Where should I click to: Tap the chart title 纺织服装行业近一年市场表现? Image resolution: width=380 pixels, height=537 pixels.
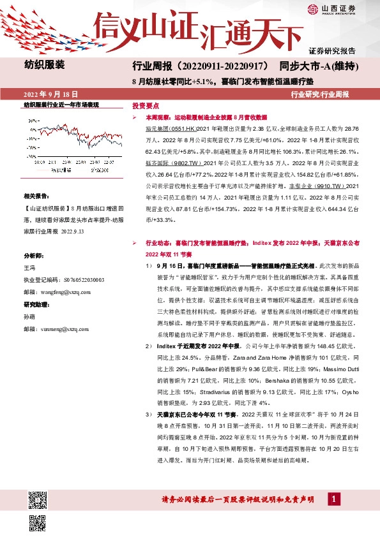point(61,104)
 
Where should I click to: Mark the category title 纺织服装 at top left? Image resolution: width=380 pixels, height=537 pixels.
point(44,64)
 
